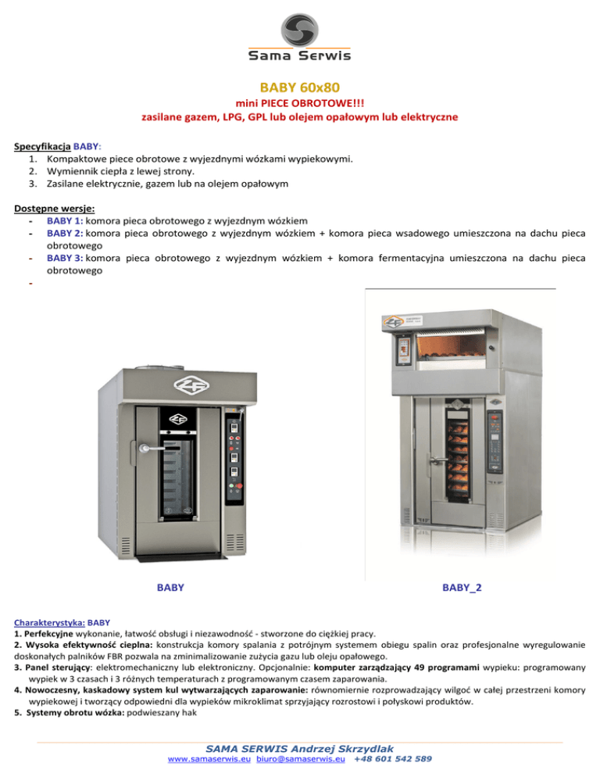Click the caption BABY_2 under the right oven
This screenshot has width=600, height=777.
pyautogui.click(x=462, y=586)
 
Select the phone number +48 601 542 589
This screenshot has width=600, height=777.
pyautogui.click(x=393, y=758)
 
